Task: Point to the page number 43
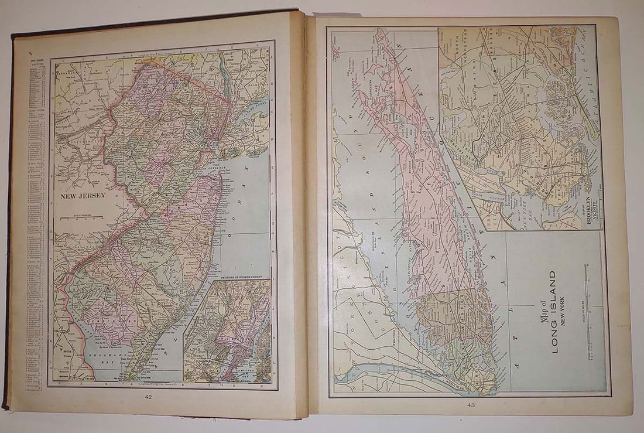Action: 472,404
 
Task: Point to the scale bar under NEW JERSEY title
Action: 85,218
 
